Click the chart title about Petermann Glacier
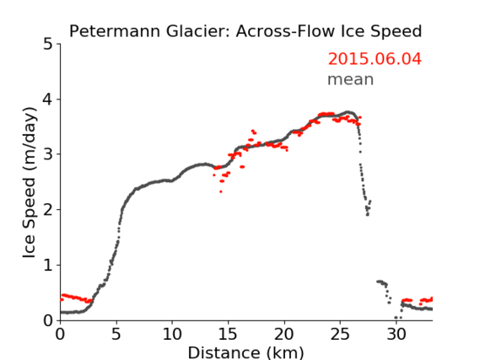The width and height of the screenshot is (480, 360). [245, 31]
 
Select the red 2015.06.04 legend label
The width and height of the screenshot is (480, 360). [375, 59]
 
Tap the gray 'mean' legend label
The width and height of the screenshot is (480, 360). [351, 79]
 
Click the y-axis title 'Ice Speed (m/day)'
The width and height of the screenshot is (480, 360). [30, 183]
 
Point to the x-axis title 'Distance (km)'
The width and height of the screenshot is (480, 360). [245, 353]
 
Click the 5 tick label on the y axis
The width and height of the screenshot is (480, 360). [47, 45]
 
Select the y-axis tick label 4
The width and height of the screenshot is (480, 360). [47, 99]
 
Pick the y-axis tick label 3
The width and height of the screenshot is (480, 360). [47, 154]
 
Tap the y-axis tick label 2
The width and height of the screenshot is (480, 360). [47, 210]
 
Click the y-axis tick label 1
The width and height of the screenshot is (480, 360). [48, 266]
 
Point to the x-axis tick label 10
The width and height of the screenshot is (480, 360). [172, 335]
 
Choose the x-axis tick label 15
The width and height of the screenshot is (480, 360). [228, 335]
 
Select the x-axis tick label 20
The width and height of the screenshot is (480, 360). [284, 335]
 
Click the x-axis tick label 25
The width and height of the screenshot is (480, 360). [340, 335]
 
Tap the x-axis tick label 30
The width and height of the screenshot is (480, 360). [396, 335]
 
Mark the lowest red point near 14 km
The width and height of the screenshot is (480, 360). [221, 191]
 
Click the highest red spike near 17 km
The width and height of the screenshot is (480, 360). [253, 131]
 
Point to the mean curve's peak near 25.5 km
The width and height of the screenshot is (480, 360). [348, 112]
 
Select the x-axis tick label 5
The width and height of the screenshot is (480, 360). [116, 335]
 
